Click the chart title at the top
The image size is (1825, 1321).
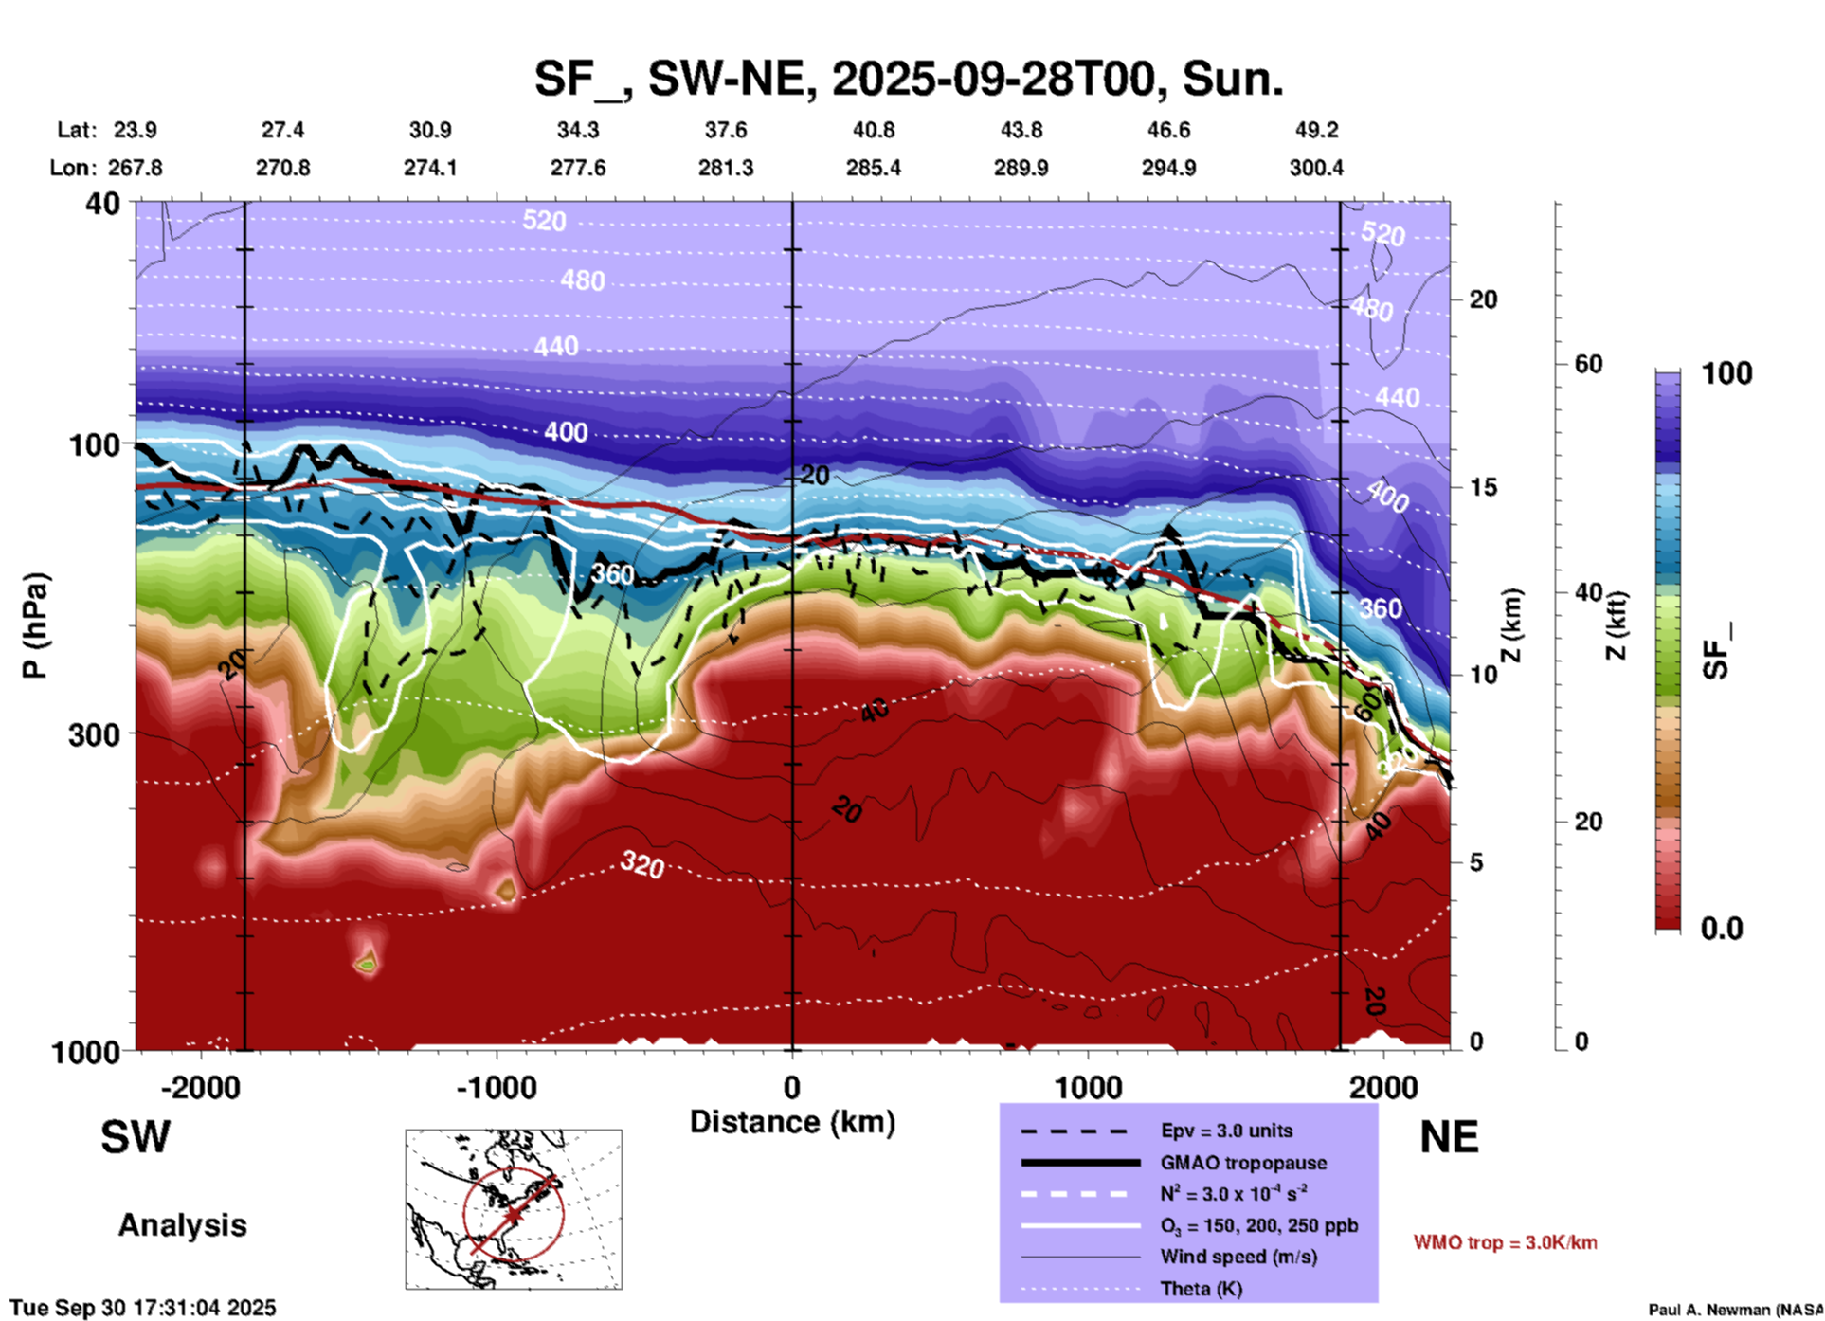point(909,79)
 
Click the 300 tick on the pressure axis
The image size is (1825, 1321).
point(95,734)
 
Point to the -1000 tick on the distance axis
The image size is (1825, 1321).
point(497,1087)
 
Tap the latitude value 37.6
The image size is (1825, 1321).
point(726,130)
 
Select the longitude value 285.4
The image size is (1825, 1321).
point(873,168)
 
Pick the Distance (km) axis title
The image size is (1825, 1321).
point(792,1122)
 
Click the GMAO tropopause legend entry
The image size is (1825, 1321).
point(1243,1163)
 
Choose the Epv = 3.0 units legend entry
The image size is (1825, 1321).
point(1226,1131)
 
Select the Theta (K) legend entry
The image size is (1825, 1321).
point(1202,1289)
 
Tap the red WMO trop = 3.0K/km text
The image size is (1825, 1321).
point(1505,1242)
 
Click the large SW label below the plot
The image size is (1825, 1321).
point(136,1137)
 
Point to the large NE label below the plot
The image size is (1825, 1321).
point(1449,1137)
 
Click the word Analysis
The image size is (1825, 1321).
point(182,1225)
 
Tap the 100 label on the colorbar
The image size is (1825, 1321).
point(1726,373)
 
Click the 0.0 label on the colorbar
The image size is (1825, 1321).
point(1722,929)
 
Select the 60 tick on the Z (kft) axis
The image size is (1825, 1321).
point(1588,364)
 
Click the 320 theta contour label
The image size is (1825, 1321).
point(642,864)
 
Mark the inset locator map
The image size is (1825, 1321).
point(514,1208)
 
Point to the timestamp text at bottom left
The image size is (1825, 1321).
point(143,1308)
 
